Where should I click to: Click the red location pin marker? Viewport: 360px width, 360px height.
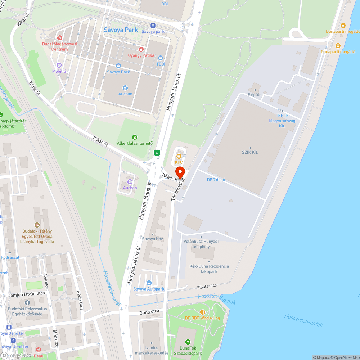click(x=180, y=172)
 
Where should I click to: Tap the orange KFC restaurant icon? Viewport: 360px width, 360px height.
click(x=179, y=156)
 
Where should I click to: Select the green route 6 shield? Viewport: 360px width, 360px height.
click(x=157, y=153)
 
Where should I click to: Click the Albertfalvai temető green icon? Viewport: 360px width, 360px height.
click(x=135, y=137)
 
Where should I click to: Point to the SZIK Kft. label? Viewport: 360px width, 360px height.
click(x=250, y=152)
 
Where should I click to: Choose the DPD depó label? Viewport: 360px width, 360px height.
click(x=216, y=180)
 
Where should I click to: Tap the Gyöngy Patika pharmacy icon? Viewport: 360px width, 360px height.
click(x=141, y=49)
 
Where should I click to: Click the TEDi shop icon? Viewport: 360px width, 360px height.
click(x=161, y=58)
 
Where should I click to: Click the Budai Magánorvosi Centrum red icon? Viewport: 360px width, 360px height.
click(x=60, y=37)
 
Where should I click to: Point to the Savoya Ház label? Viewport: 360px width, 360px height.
click(x=153, y=239)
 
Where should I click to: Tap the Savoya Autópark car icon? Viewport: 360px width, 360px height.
click(x=149, y=283)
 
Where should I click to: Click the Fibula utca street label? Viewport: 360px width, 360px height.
click(x=207, y=286)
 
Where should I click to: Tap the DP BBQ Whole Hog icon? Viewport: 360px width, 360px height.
click(x=203, y=312)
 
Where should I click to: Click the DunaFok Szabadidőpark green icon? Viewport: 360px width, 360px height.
click(x=188, y=342)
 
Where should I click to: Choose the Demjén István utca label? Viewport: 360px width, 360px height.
click(x=26, y=295)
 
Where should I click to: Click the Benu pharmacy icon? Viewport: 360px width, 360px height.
click(x=39, y=350)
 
